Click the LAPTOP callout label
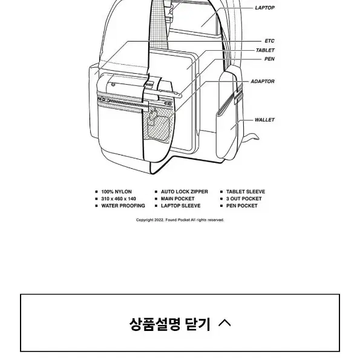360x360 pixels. coord(265,8)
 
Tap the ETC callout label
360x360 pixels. coord(269,41)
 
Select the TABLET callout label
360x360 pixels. coord(265,50)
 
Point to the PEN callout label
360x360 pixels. coord(269,59)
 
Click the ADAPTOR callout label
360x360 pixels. coord(263,82)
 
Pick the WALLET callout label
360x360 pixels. coord(264,120)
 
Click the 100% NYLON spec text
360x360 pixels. coord(116,192)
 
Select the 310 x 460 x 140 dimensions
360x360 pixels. coord(119,199)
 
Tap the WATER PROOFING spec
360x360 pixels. coord(123,206)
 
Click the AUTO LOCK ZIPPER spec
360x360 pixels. coord(185,192)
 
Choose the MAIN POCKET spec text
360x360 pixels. coord(178,199)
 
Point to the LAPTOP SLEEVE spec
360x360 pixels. coord(181,206)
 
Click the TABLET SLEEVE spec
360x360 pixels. coord(246,192)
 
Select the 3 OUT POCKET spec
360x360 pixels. coord(244,199)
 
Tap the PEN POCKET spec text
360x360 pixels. coord(242,206)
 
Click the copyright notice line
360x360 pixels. coord(180,220)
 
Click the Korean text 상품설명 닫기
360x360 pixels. coord(169,324)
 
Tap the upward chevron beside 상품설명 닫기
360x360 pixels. coord(224,323)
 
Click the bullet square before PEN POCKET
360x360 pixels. coord(221,206)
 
